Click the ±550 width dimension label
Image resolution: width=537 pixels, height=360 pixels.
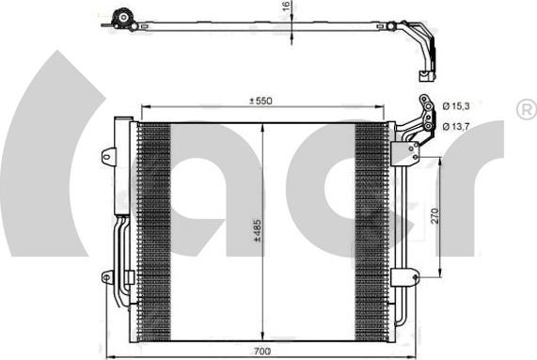(261, 101)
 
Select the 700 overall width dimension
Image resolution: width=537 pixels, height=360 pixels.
(261, 351)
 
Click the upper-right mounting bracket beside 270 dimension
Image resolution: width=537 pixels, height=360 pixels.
(410, 149)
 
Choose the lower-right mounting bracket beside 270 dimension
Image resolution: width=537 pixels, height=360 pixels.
(406, 276)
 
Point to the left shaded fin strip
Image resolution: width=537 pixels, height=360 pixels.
(154, 230)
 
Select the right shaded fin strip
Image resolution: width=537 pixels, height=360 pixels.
(371, 230)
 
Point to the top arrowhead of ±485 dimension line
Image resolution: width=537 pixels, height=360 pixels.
(261, 126)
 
